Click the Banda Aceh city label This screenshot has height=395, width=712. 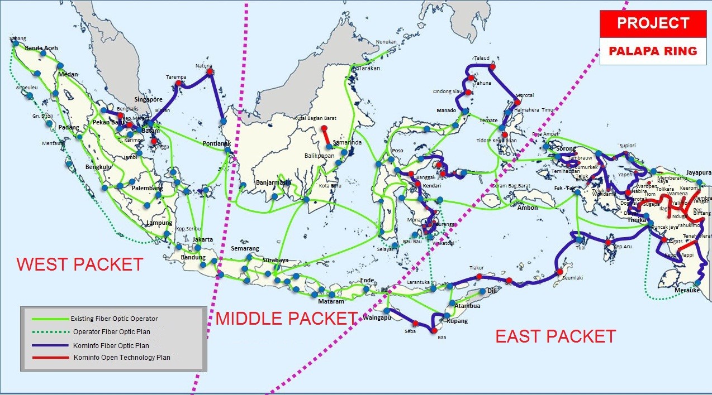coord(41,48)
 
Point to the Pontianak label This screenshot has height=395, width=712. coord(216,143)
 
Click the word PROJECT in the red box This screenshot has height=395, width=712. coord(652,23)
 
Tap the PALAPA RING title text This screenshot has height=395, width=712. coord(653,51)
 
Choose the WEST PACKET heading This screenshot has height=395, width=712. coord(79,264)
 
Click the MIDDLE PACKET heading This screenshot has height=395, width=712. coord(286,319)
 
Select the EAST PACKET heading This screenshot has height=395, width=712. coord(556,336)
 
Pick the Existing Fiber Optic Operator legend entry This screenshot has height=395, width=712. coord(114,319)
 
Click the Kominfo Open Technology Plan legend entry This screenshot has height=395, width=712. coord(121,357)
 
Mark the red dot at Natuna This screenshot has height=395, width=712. coord(209,71)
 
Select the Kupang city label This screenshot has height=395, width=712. coord(457,321)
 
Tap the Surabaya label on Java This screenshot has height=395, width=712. coord(275,260)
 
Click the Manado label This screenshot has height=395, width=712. coord(447,110)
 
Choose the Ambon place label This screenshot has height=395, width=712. coord(527,208)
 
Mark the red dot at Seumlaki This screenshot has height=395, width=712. coord(559,272)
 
